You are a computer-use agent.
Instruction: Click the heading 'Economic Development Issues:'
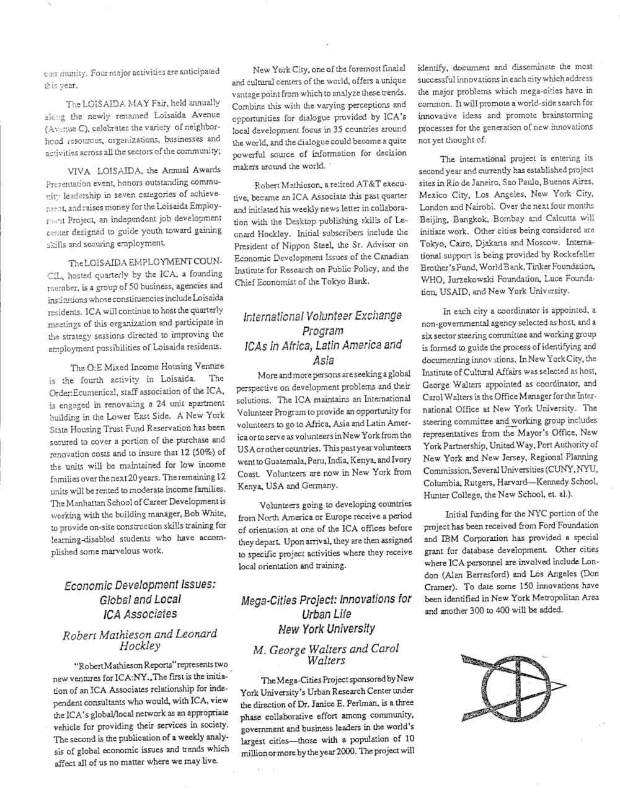tap(140, 584)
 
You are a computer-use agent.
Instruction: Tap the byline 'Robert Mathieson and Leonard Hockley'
tap(140, 639)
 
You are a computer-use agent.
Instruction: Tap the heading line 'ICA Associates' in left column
tap(140, 614)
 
